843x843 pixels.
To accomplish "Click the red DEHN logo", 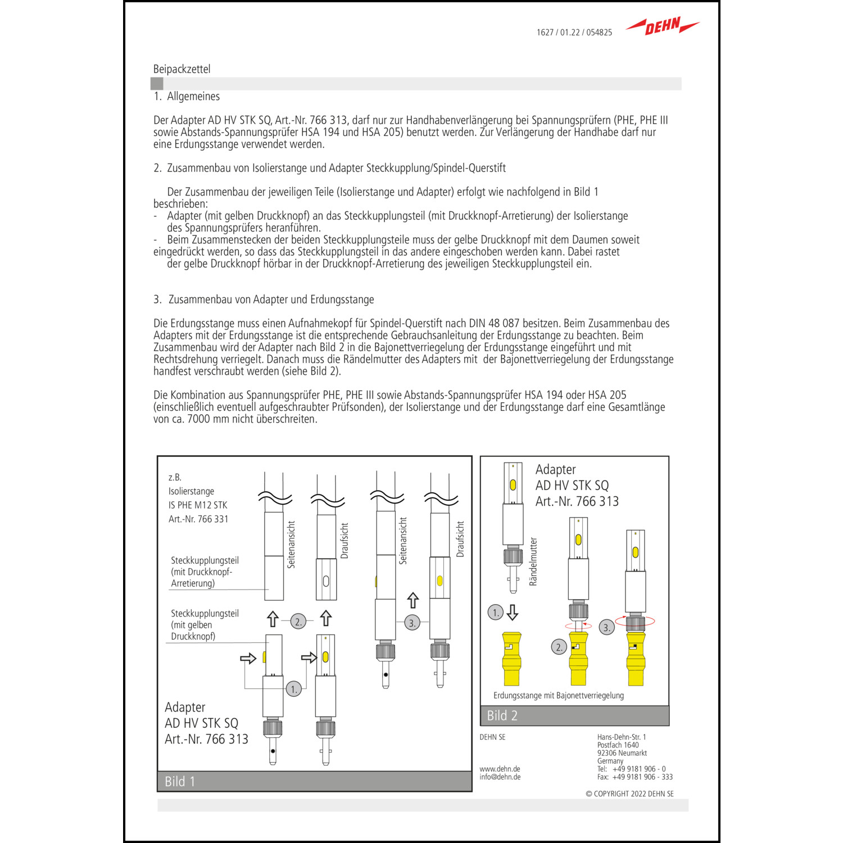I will (663, 26).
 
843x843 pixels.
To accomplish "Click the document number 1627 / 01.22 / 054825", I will (574, 33).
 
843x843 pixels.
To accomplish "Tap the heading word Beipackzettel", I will (182, 69).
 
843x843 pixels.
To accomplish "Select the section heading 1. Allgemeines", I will (187, 96).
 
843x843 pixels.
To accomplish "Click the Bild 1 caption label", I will (180, 781).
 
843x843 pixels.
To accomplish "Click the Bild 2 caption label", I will (502, 715).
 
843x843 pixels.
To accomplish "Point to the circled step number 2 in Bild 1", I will (298, 621).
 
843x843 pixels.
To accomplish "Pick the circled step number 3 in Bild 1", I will (412, 623).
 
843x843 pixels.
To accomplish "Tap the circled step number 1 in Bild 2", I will (495, 612).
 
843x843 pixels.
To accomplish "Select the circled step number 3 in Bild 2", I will (606, 627).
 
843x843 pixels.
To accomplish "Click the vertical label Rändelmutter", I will (533, 561).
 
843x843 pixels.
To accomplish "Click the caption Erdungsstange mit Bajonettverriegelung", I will (558, 695).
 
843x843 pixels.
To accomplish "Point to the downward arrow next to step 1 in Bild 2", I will (512, 612).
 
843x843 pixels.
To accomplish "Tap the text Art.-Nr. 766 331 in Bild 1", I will (198, 519).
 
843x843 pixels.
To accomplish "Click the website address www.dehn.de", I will (500, 769).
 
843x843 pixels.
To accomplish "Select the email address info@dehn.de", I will (500, 777).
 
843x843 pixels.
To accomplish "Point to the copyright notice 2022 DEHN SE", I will (629, 794).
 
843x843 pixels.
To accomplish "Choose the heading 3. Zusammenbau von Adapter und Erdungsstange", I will (264, 300).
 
